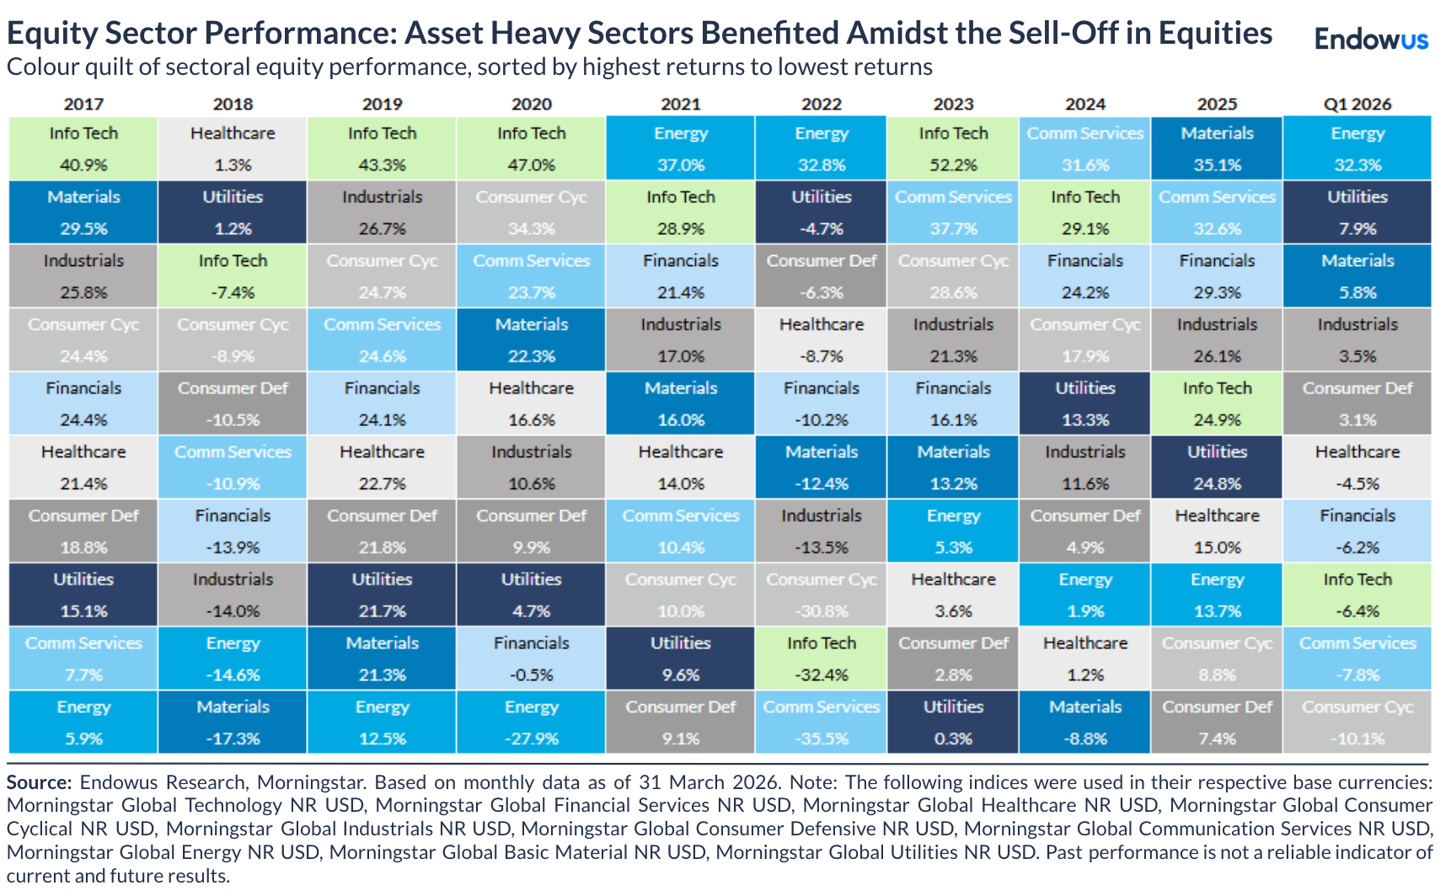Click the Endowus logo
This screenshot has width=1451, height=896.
pos(1371,39)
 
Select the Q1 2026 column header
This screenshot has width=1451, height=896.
pos(1357,104)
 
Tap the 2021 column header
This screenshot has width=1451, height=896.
pos(680,104)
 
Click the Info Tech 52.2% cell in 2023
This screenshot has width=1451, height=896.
pos(953,148)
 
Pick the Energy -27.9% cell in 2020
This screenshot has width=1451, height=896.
pos(531,723)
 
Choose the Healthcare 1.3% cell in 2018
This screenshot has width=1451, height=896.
pos(233,148)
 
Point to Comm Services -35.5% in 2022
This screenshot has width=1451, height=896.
pos(821,723)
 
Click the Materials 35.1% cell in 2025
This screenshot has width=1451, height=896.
pos(1217,148)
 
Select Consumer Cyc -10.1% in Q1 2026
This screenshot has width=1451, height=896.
pos(1357,723)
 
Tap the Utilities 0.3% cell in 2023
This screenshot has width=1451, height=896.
pos(953,723)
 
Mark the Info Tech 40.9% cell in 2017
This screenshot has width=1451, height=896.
pos(83,148)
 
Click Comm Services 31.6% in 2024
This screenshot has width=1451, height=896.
pos(1084,148)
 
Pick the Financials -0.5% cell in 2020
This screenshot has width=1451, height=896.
pos(531,659)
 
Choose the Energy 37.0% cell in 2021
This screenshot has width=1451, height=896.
pos(680,148)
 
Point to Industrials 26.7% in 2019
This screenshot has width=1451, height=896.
pos(382,212)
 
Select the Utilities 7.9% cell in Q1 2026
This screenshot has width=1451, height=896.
pos(1357,212)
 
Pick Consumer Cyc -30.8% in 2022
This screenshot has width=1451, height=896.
pos(821,595)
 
